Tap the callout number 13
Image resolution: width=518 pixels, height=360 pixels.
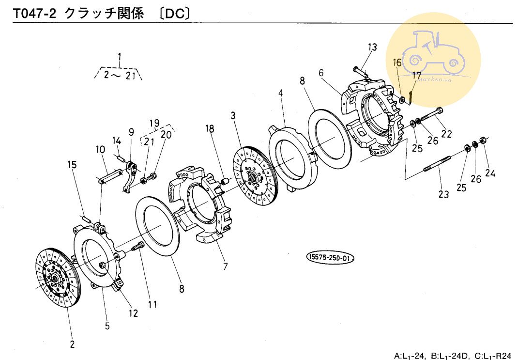click(372, 47)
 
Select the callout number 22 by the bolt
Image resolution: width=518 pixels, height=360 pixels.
click(446, 134)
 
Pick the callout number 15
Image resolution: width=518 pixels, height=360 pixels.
click(72, 165)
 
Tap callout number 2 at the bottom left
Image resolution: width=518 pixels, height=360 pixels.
click(72, 344)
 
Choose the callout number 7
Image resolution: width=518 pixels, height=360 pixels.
click(225, 266)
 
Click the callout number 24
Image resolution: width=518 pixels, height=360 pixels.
click(490, 172)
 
